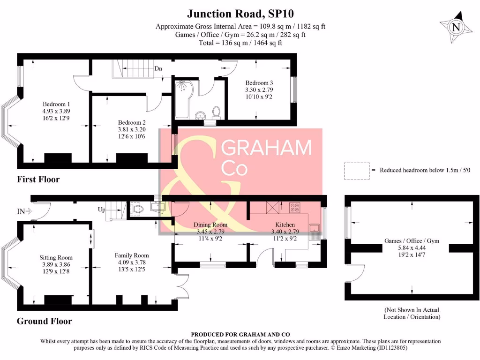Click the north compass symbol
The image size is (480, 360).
pyautogui.click(x=455, y=27)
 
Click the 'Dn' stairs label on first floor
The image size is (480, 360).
pyautogui.click(x=158, y=68)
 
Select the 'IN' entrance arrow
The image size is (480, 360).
pyautogui.click(x=24, y=211)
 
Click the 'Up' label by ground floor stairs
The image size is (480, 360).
pyautogui.click(x=102, y=210)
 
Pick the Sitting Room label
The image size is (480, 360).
pyautogui.click(x=56, y=257)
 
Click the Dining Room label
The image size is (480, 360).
pyautogui.click(x=210, y=225)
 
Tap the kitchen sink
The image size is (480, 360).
pyautogui.click(x=314, y=229)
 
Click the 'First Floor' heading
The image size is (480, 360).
pyautogui.click(x=38, y=179)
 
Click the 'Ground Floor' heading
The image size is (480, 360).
pyautogui.click(x=45, y=321)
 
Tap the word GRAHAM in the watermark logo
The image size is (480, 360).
pyautogui.click(x=266, y=148)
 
